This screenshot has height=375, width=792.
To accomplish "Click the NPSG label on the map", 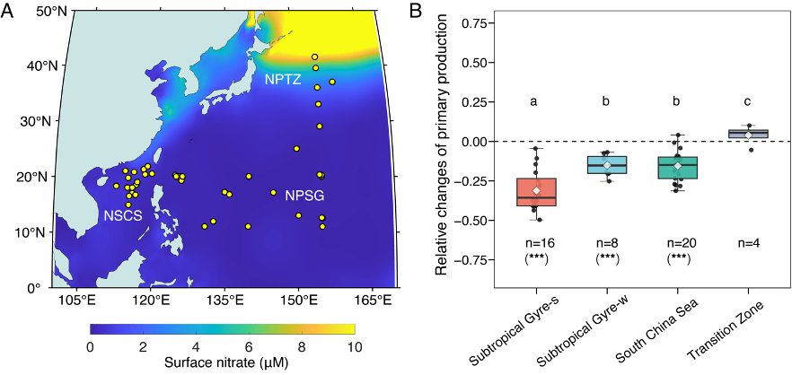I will click(x=304, y=195).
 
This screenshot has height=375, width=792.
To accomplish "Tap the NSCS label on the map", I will click(x=121, y=215).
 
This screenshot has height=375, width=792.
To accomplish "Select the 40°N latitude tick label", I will click(x=34, y=65).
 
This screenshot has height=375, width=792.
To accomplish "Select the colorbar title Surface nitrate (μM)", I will click(x=224, y=363).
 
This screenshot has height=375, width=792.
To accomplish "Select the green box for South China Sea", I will click(x=677, y=168).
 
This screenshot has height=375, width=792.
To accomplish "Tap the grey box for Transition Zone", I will click(x=748, y=134).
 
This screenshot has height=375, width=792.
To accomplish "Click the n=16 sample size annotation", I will click(x=535, y=242).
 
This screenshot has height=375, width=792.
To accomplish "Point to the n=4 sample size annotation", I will click(x=748, y=242).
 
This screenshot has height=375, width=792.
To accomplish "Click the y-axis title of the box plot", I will click(x=440, y=148).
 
